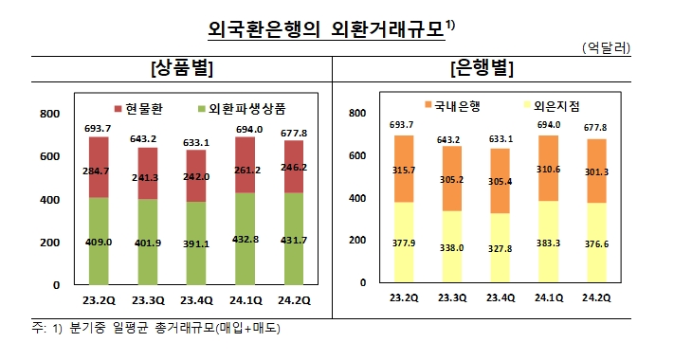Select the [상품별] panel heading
click(x=180, y=68)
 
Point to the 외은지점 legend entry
click(x=554, y=107)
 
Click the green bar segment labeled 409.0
click(x=99, y=242)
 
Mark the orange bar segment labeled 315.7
click(x=402, y=169)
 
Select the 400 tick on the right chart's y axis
click(x=358, y=199)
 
